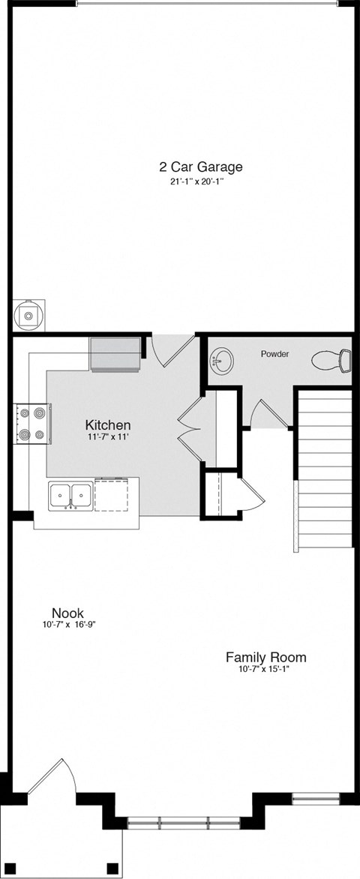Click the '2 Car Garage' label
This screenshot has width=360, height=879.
[200, 167]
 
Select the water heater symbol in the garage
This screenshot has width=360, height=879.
[28, 316]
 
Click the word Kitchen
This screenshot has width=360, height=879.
[108, 425]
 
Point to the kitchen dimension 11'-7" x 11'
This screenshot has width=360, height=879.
[108, 438]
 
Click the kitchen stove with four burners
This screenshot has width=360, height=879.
[31, 424]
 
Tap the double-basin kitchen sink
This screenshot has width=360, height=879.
[70, 496]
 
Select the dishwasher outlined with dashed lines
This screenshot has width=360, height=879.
[115, 496]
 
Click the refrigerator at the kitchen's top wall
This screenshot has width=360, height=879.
[115, 354]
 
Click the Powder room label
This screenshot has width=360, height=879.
[274, 353]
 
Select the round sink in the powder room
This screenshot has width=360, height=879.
[222, 361]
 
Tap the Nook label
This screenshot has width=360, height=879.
[67, 613]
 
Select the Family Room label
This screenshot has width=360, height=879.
[265, 658]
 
